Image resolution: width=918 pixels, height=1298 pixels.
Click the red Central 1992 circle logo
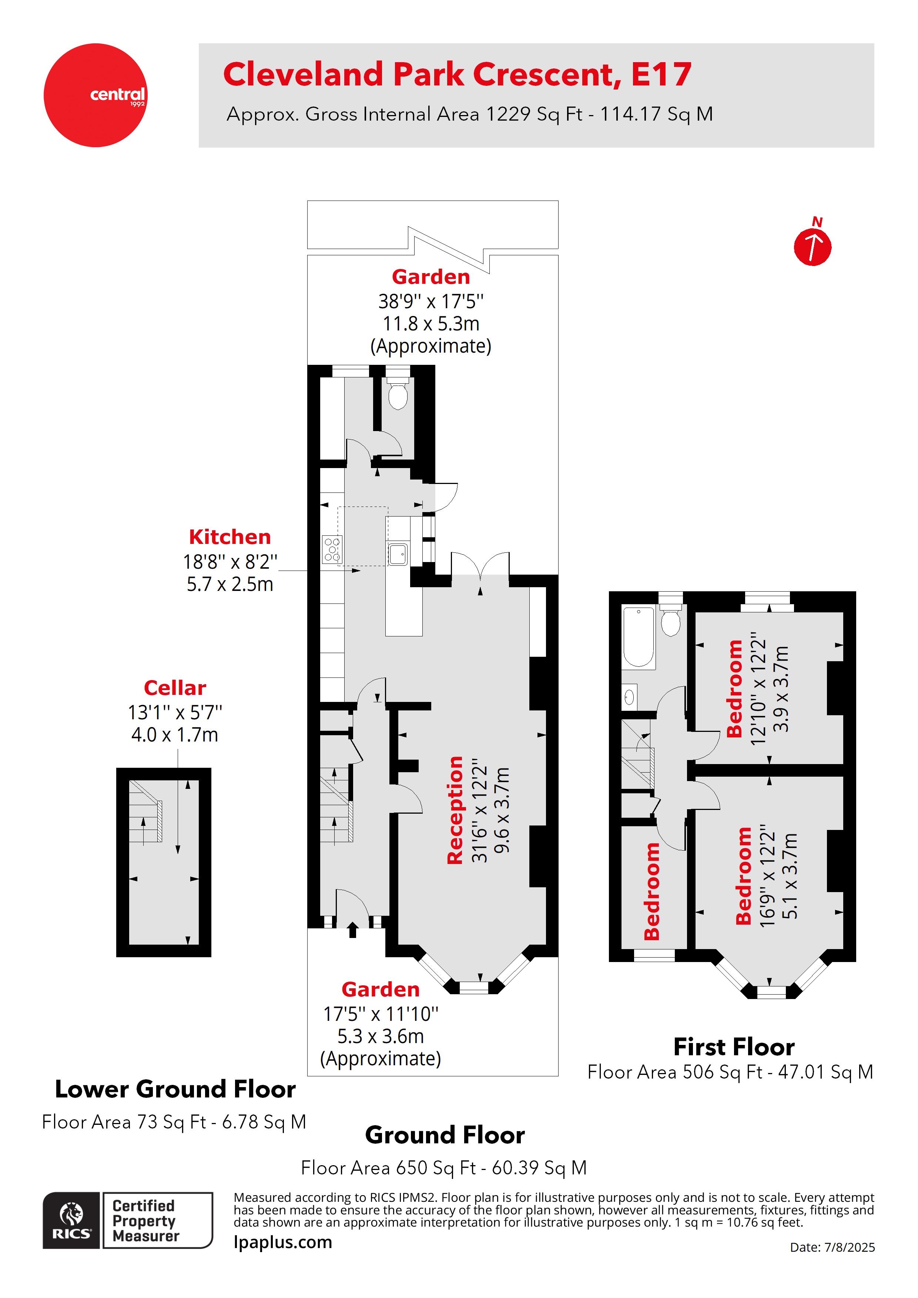[x=95, y=95]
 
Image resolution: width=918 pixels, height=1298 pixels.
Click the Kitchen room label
[x=229, y=537]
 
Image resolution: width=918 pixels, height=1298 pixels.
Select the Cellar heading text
[x=175, y=687]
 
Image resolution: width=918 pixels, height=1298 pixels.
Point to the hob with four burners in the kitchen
[x=332, y=549]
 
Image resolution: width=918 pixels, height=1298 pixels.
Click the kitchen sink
[x=398, y=554]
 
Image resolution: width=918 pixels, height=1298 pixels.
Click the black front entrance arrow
[x=352, y=929]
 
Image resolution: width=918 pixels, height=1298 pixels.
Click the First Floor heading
[x=734, y=1046]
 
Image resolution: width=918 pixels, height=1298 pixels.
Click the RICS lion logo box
[x=71, y=1220]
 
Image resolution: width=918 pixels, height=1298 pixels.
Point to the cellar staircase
[x=145, y=811]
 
